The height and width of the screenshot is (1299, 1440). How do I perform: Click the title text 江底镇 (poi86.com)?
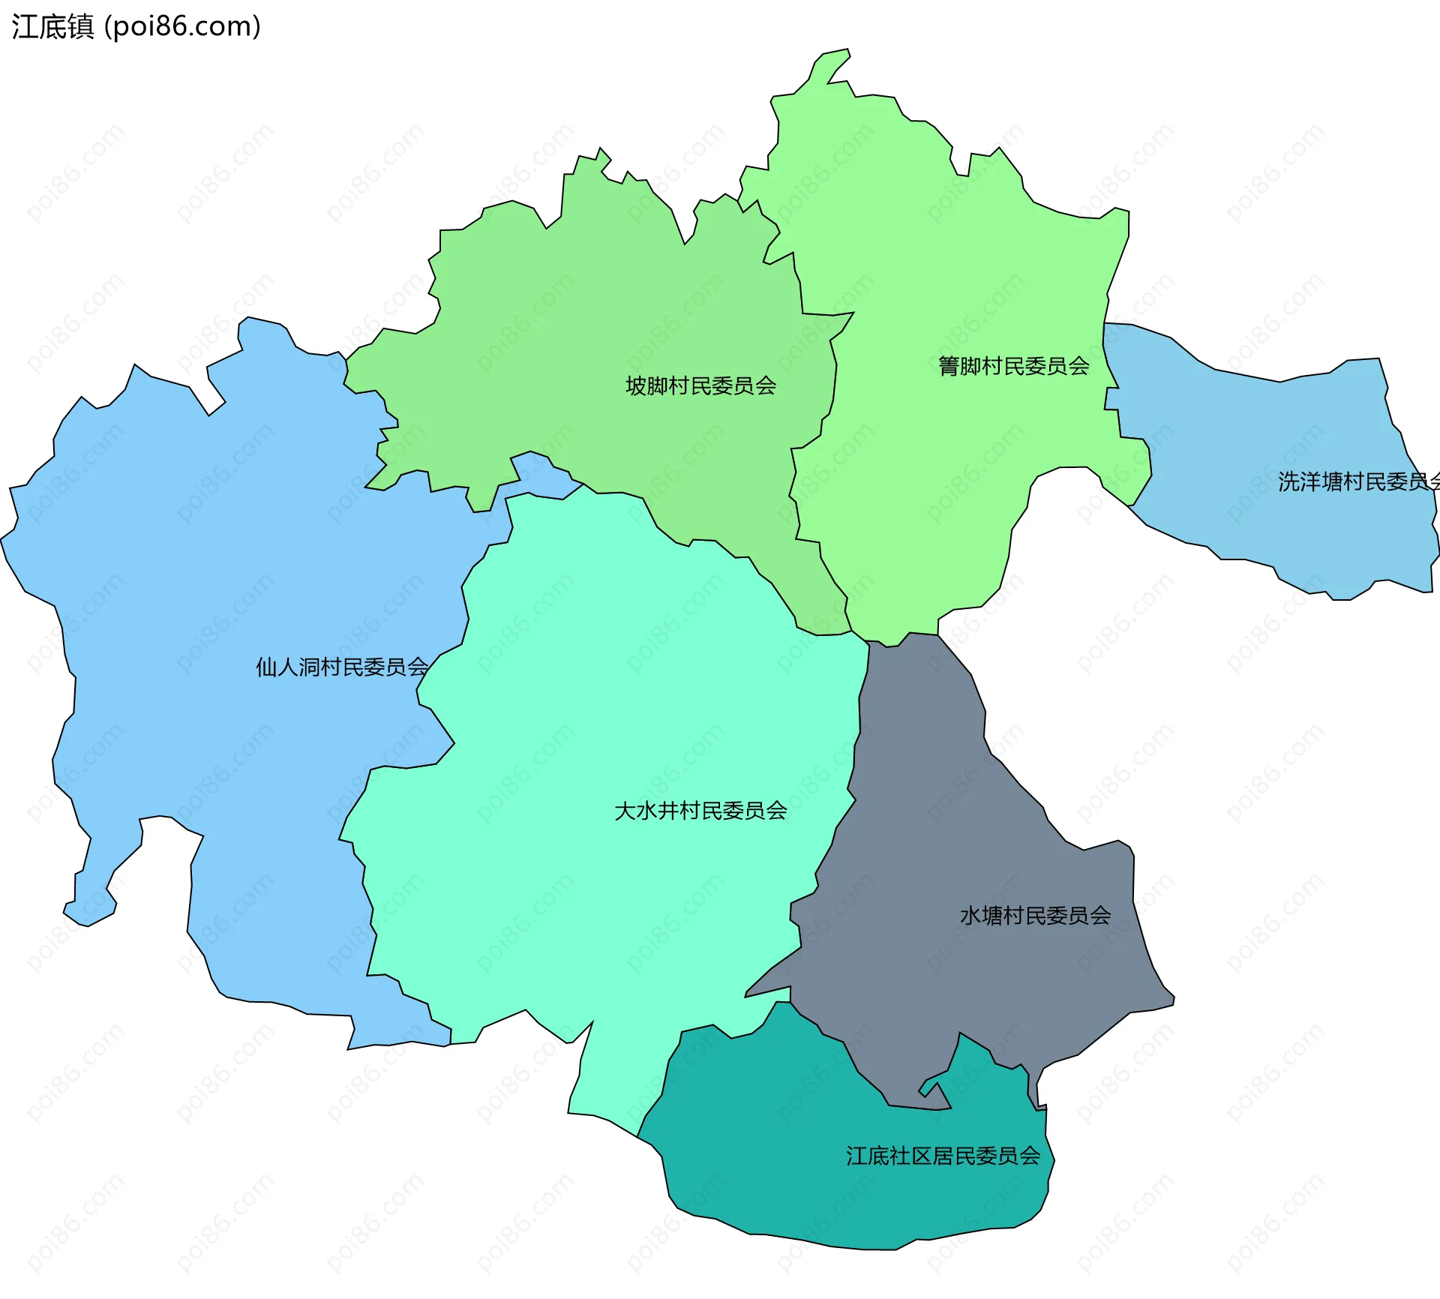click(x=136, y=27)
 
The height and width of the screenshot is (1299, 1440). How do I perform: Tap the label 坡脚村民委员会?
click(x=700, y=385)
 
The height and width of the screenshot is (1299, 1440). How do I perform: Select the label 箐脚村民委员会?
click(x=1013, y=366)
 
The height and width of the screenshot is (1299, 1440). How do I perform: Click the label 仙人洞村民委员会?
click(x=342, y=667)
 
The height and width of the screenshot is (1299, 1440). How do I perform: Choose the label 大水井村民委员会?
click(x=700, y=811)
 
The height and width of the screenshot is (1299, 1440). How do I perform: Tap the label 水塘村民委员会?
click(x=1035, y=916)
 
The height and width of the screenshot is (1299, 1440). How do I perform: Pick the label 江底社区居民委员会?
click(x=943, y=1156)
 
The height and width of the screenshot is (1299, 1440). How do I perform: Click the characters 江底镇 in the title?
click(x=52, y=27)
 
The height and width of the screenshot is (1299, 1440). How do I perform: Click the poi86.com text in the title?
click(x=182, y=27)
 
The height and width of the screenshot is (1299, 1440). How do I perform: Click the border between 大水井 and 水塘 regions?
click(x=856, y=750)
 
